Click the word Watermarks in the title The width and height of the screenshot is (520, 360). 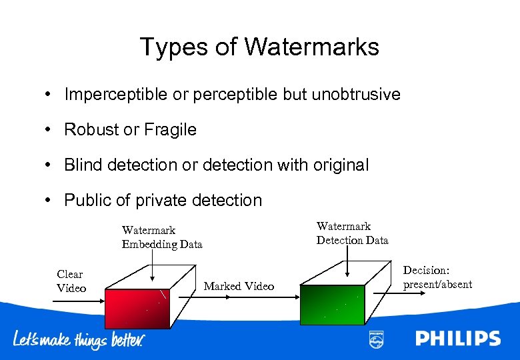click(311, 47)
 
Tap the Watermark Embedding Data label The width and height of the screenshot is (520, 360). click(161, 237)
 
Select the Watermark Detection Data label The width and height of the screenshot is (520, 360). click(352, 233)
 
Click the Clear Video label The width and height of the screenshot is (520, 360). click(71, 281)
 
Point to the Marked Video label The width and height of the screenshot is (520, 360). click(239, 286)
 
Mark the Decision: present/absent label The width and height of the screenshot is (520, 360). click(437, 277)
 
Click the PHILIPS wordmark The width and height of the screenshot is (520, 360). click(457, 339)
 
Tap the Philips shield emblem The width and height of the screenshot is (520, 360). click(376, 339)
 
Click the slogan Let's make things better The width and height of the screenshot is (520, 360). click(79, 339)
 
